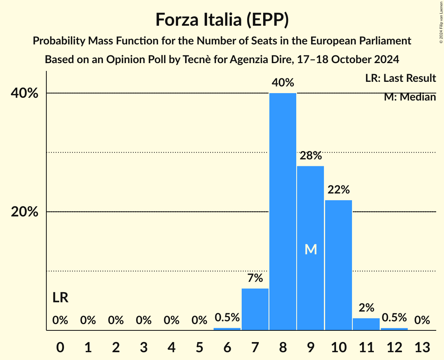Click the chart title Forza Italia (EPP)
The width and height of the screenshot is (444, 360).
[x=222, y=19]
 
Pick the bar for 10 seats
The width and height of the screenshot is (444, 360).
[x=338, y=265]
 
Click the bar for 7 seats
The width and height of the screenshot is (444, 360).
[x=255, y=309]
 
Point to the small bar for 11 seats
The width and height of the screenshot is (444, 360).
[x=366, y=324]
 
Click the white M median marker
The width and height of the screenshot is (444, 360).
[x=311, y=249]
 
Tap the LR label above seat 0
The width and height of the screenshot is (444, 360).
[x=60, y=298]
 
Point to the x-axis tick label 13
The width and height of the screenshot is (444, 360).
[x=422, y=347]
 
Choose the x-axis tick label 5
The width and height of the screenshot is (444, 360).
[x=199, y=347]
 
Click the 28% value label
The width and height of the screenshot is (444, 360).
[x=311, y=156]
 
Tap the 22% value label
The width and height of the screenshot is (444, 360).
[x=338, y=190]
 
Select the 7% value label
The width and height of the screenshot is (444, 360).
[x=255, y=278]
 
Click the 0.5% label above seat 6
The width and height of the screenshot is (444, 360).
[x=227, y=318]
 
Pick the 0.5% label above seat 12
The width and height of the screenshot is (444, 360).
[x=394, y=318]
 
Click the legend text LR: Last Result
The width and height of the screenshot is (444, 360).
[x=400, y=78]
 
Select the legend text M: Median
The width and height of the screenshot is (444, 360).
[x=410, y=97]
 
